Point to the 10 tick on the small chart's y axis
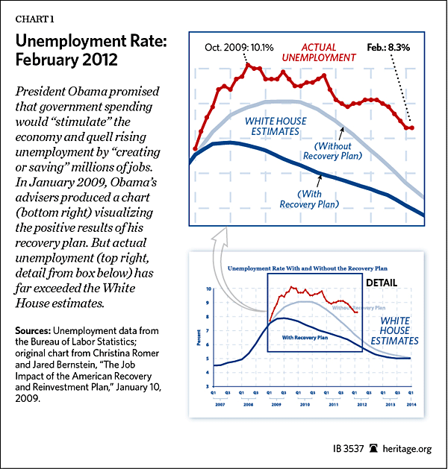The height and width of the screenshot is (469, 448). point(208,288)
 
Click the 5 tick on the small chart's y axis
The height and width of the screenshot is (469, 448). point(209,358)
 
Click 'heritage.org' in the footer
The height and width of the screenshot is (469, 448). point(406,450)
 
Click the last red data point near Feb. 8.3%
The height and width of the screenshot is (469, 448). point(412,128)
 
